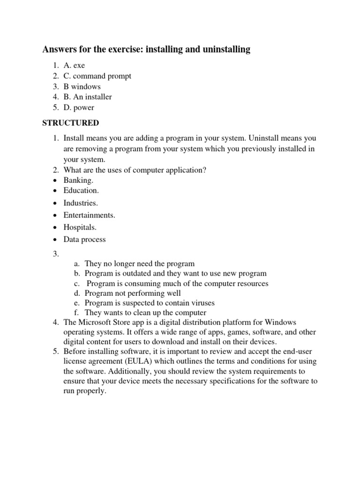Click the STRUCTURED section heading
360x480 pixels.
(x=71, y=123)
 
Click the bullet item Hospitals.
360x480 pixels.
(x=80, y=227)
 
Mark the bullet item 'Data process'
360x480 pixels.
(x=85, y=240)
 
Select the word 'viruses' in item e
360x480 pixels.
(x=202, y=303)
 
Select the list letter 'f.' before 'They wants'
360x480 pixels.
(x=77, y=312)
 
